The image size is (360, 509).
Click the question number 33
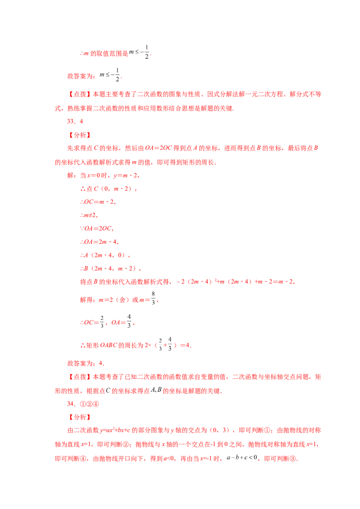tap(71, 121)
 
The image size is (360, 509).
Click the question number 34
tap(71, 404)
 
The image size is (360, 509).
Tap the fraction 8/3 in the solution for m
tap(153, 298)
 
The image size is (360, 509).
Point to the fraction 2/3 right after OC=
tap(102, 321)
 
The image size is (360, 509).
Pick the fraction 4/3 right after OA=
tap(129, 321)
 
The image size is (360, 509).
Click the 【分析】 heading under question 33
tap(80, 135)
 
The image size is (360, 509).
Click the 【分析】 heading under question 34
tap(80, 417)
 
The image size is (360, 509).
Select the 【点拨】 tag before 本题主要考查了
tap(80, 94)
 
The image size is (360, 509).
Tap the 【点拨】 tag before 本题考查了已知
tap(80, 377)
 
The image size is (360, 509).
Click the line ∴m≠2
tap(89, 215)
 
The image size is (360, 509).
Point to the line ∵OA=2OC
tap(97, 228)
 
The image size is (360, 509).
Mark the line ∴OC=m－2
tap(98, 202)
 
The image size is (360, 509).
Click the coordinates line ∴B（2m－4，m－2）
tap(110, 268)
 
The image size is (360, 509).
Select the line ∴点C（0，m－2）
tap(108, 188)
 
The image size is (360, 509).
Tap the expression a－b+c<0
tap(242, 458)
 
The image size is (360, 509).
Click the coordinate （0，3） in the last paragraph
tap(220, 430)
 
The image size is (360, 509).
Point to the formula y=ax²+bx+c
tap(115, 430)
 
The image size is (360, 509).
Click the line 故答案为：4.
tap(86, 364)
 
